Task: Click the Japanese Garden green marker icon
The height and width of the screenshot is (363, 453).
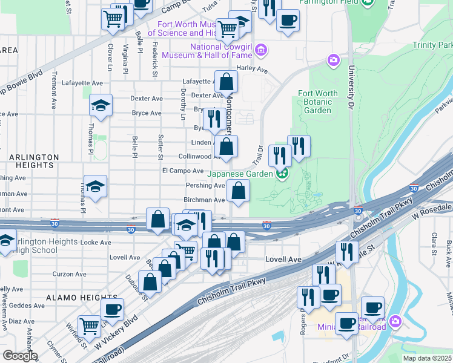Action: [282, 174]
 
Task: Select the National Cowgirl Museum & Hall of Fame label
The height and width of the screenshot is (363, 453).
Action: [221, 51]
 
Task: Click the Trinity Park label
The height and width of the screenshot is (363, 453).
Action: [432, 45]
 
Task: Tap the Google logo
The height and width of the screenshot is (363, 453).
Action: [20, 356]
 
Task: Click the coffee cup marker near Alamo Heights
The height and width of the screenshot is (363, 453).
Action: [111, 309]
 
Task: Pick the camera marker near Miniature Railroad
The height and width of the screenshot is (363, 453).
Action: [395, 320]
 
